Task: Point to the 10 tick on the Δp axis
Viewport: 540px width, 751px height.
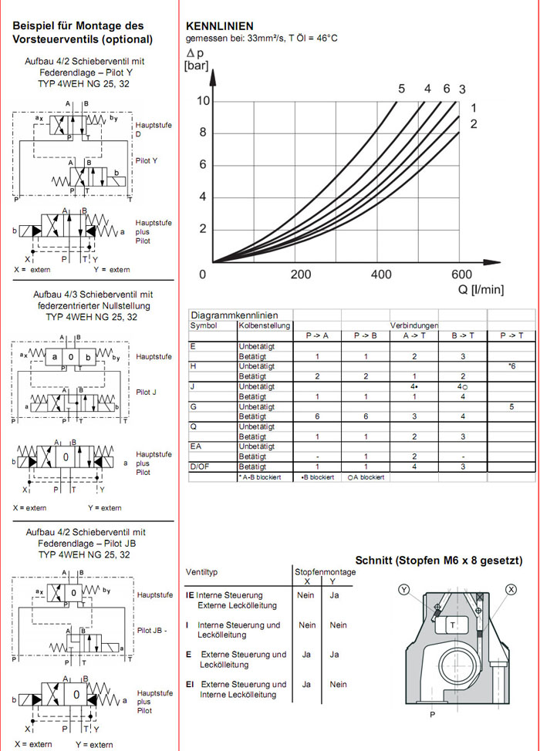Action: [204, 100]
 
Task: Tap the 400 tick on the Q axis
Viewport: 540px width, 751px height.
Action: [381, 274]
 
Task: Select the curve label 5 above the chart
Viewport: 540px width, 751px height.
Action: [401, 89]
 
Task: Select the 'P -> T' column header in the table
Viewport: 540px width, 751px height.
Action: [511, 335]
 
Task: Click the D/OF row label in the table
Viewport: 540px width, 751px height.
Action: [200, 466]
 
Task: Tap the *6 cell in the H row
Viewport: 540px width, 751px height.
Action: [511, 365]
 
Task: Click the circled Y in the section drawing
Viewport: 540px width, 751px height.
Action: [404, 590]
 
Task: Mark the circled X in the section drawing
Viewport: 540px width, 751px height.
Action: [510, 590]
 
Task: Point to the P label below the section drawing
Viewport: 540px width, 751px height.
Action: [432, 714]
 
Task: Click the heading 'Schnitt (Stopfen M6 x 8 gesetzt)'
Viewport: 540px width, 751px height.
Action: [439, 561]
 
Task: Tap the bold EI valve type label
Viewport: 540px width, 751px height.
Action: [190, 684]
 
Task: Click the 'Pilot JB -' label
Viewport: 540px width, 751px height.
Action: [152, 631]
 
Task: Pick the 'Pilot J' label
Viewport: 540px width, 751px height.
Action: [145, 392]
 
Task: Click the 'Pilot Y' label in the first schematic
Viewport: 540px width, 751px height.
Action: [146, 160]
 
